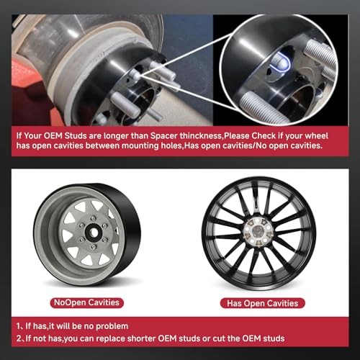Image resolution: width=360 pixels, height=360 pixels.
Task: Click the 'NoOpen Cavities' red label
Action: coord(86,302)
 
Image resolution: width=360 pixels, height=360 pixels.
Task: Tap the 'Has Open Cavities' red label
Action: coord(263,303)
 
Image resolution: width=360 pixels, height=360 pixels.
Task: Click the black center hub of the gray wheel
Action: coord(93,232)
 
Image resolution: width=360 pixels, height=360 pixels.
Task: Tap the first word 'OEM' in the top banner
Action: coord(53,136)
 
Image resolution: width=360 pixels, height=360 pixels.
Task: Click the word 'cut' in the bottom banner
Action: coord(219,338)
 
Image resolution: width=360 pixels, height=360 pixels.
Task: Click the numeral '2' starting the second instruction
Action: coord(19,338)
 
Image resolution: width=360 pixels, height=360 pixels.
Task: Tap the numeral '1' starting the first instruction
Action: coord(18,326)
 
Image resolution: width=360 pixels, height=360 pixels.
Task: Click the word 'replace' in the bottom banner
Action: coord(110,338)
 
